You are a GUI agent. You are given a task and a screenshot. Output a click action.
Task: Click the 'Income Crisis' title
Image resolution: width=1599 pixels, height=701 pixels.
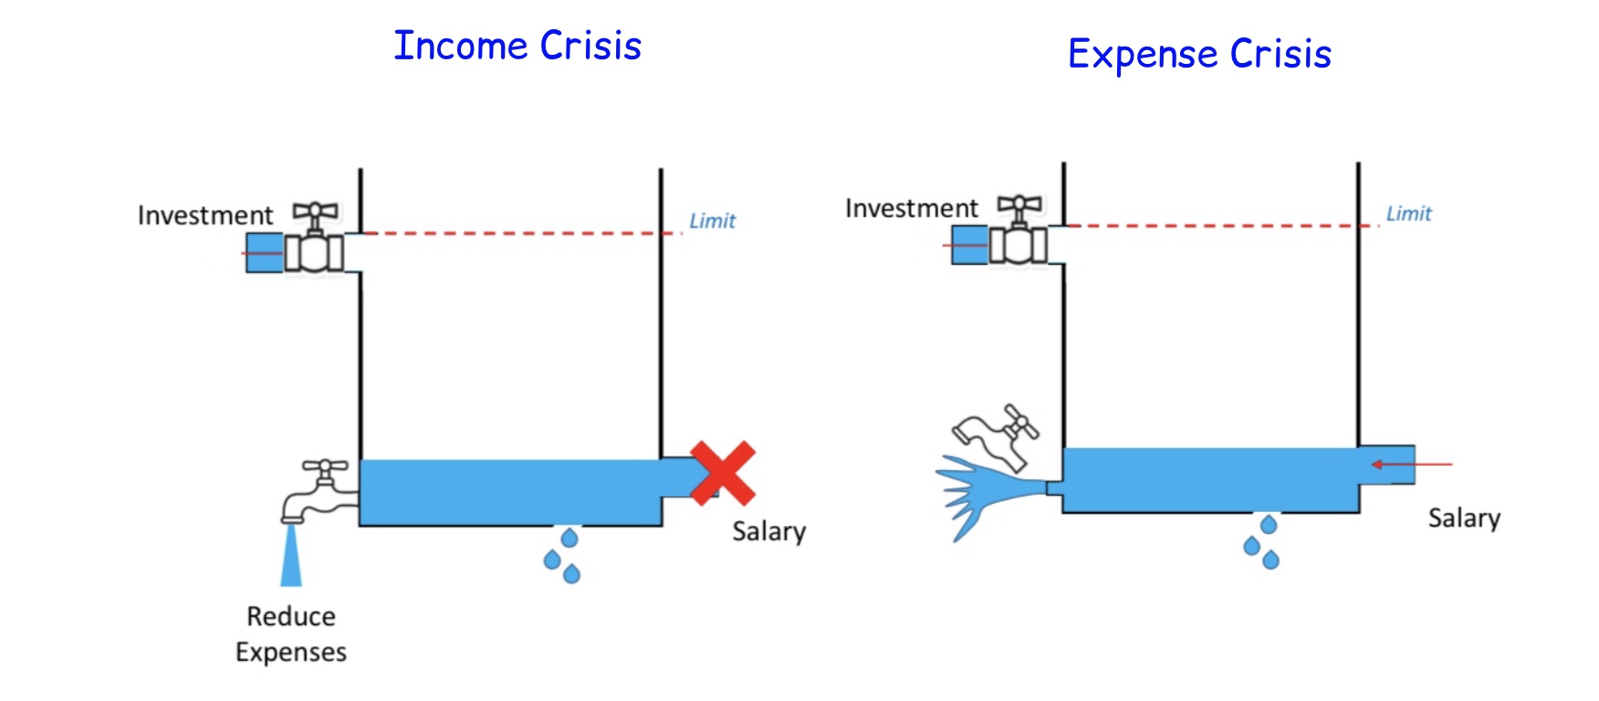click(517, 46)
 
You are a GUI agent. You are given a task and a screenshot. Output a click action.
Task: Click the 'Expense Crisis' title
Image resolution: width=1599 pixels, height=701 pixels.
click(1199, 54)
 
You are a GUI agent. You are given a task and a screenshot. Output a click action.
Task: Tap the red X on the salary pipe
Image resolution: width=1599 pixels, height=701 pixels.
click(722, 473)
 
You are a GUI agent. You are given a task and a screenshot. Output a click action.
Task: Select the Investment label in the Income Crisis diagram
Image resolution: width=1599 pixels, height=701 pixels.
click(205, 215)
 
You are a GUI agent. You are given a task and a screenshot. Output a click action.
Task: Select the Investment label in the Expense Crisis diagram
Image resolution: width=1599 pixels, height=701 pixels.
click(911, 208)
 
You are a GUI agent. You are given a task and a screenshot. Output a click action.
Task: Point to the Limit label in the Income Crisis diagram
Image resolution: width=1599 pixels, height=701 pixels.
click(712, 221)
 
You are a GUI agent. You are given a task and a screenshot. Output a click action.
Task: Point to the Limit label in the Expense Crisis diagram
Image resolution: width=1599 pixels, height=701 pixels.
click(1408, 214)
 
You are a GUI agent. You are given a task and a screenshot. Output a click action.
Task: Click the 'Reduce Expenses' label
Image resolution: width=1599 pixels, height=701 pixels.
click(291, 634)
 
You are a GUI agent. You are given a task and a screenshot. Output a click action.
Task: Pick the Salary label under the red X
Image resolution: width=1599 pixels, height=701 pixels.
click(768, 531)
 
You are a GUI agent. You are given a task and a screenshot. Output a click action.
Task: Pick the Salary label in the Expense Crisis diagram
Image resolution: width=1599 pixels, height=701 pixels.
click(1464, 518)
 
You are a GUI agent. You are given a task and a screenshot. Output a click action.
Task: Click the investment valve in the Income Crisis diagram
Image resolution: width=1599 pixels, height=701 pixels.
click(314, 241)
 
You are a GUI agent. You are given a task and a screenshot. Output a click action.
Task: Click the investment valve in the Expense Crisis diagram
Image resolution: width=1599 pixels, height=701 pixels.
click(1019, 232)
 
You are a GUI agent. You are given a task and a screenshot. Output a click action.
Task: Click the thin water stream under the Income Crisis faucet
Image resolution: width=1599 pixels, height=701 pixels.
click(291, 555)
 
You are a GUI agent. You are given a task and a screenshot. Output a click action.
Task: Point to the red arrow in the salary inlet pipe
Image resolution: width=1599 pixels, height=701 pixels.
click(1410, 465)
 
